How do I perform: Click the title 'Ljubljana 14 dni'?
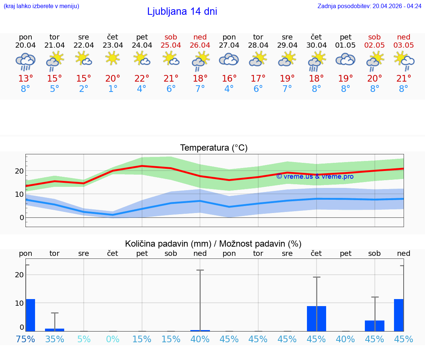[182, 11]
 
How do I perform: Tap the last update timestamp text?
[369, 6]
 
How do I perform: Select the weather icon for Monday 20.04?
[25, 61]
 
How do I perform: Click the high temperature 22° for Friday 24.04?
[142, 79]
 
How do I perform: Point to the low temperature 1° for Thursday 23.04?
[113, 89]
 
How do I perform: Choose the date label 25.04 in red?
[171, 45]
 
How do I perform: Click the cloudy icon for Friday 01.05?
[345, 60]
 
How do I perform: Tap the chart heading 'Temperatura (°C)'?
[214, 148]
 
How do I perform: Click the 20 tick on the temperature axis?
[19, 171]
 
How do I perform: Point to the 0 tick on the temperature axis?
[22, 217]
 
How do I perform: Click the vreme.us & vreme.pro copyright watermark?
[315, 176]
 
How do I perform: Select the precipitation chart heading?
[213, 244]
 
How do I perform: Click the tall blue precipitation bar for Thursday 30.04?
[316, 318]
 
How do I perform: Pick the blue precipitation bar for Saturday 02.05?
[374, 326]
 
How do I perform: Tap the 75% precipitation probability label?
[25, 339]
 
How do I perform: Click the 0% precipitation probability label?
[113, 339]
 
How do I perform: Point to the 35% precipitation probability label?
[55, 339]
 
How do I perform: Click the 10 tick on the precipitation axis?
[19, 303]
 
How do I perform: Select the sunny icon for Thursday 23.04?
[113, 58]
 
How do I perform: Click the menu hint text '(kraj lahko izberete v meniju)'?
[41, 6]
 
